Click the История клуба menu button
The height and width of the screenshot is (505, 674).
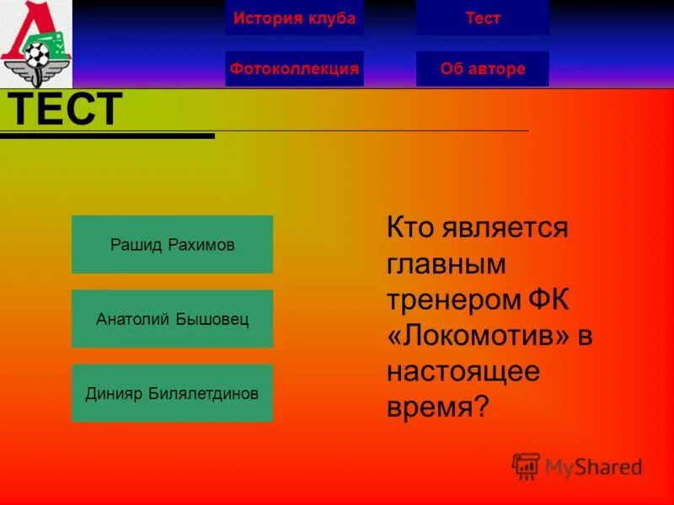tap(294, 19)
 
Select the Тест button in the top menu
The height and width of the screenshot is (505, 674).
tap(483, 19)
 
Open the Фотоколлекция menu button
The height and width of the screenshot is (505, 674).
tap(294, 69)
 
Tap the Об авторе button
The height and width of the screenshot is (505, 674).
tap(483, 69)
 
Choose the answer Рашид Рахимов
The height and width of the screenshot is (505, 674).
tap(172, 245)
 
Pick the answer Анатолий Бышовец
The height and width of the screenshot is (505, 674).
tap(172, 320)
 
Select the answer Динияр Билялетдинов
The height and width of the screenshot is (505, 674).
tap(172, 393)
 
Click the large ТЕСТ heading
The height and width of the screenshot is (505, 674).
tap(64, 109)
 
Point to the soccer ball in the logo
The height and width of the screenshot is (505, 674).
tap(36, 56)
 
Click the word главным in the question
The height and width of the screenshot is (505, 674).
tap(447, 264)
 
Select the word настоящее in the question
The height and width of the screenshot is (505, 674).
tap(463, 372)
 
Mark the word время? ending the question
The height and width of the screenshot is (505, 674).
tap(437, 408)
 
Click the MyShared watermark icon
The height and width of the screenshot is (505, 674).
tap(527, 465)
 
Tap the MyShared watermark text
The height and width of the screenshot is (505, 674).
tap(593, 467)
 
